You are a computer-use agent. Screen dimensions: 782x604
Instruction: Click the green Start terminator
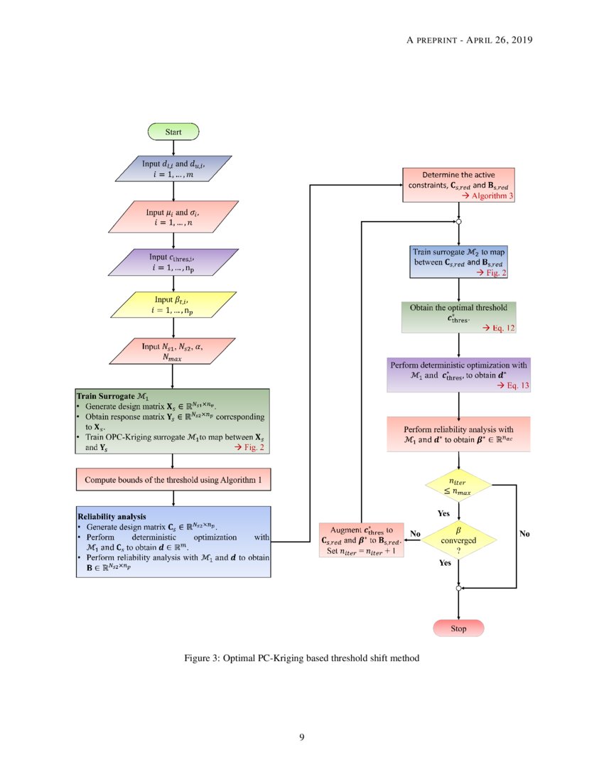[x=173, y=132]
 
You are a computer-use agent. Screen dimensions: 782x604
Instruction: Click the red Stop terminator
[x=458, y=628]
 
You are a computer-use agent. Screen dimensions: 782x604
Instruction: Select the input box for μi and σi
[x=173, y=217]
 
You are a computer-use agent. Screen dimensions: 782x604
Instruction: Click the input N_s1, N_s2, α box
[x=173, y=350]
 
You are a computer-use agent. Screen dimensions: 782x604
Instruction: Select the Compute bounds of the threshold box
[x=173, y=480]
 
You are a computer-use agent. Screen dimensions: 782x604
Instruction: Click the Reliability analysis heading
[x=111, y=516]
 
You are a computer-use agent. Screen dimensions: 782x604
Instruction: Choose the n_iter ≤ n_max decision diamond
[x=458, y=487]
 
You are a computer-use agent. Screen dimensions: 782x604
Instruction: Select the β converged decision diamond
[x=458, y=540]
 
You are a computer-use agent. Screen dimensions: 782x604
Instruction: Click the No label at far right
[x=525, y=533]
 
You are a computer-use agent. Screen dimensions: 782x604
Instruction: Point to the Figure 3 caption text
[x=301, y=658]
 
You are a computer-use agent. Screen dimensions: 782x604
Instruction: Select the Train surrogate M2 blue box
[x=458, y=262]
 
